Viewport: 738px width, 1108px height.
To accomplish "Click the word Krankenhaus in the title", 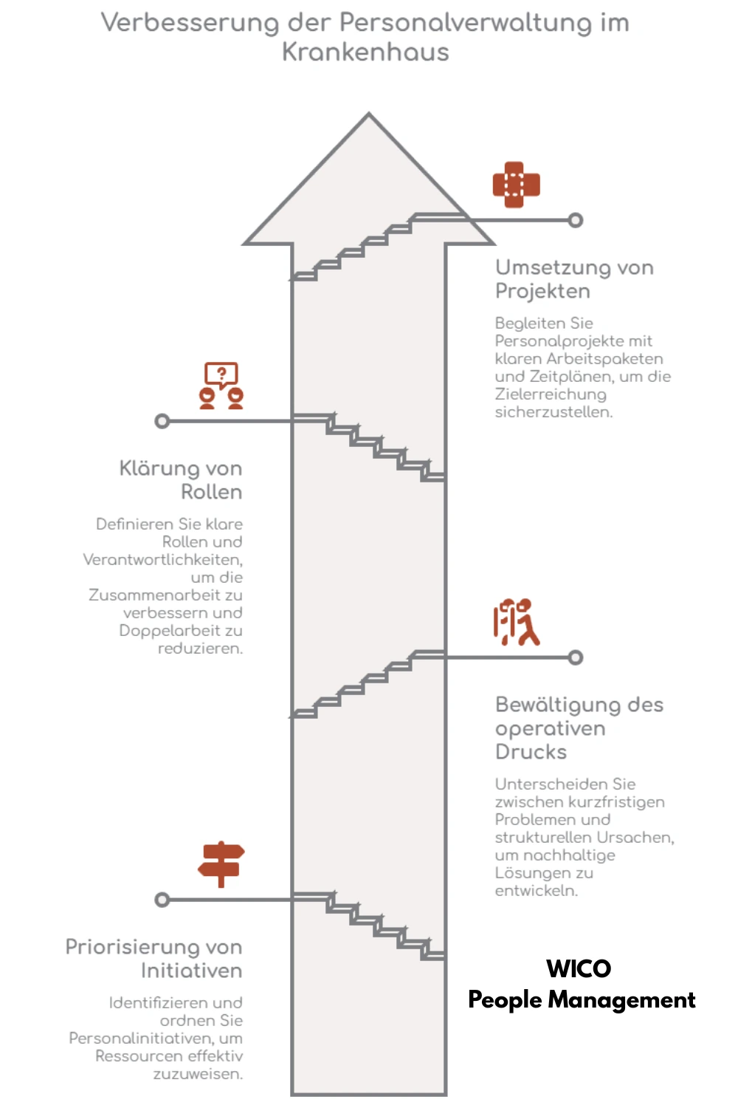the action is [x=365, y=52].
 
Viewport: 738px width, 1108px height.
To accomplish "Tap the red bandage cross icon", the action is [x=516, y=185].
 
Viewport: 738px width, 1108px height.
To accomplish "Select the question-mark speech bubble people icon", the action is [x=221, y=386].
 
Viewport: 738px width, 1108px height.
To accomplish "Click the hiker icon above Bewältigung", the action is [x=517, y=622].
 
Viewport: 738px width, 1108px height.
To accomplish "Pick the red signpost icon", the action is [x=221, y=864].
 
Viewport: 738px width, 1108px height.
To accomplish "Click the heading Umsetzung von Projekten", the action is [x=574, y=279].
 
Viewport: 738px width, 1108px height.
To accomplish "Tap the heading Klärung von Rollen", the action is [x=181, y=480].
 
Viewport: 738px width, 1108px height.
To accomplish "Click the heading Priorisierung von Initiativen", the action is [x=154, y=959].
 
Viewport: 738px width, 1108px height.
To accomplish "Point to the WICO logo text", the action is [x=579, y=968].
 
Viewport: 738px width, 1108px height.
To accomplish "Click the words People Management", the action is [x=582, y=999].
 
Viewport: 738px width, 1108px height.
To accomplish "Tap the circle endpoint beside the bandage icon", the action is [x=576, y=220].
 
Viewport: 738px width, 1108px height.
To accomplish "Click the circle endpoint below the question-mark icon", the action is [x=162, y=422].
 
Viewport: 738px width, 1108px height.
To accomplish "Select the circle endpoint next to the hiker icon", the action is [x=576, y=657].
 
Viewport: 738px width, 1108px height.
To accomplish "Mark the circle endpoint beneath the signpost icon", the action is [x=162, y=900].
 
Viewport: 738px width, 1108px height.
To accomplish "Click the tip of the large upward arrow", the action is [x=369, y=114].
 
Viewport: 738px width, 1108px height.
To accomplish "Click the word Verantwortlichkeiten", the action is [x=162, y=559].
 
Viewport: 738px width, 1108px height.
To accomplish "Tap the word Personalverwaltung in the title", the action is [x=466, y=23].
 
